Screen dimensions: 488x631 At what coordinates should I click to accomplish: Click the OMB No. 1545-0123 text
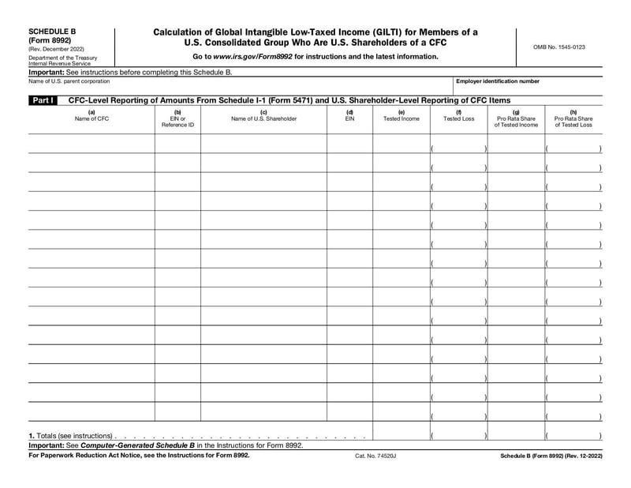tap(559, 47)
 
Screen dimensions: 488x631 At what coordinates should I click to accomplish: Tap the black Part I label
tap(43, 101)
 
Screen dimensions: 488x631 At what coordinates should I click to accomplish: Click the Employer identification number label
tap(498, 81)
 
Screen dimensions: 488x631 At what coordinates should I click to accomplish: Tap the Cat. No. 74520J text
tap(375, 456)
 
